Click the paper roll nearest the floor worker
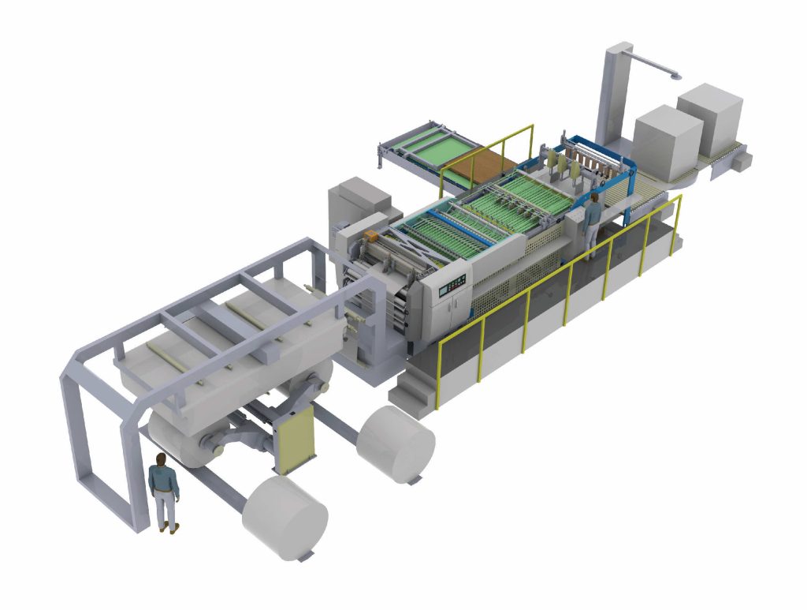284,518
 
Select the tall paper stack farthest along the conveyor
710,118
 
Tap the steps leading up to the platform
415,387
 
